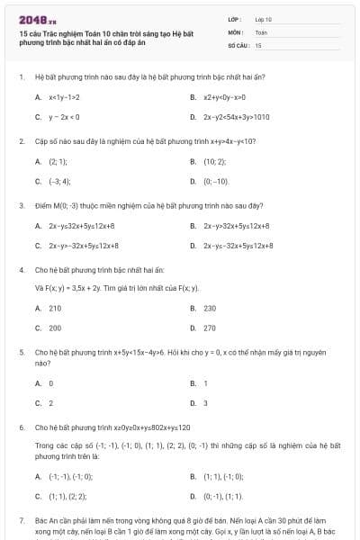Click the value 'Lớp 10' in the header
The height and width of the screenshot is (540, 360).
coord(264,19)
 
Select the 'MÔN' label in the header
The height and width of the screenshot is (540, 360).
coord(235,31)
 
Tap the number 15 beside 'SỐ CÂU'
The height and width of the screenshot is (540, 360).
coord(258,44)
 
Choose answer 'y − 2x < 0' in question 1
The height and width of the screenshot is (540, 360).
coord(65,117)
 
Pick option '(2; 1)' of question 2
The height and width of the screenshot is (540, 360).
coord(58,161)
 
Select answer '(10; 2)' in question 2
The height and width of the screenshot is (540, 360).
coord(214,161)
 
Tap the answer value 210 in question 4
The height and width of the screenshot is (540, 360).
coord(55,308)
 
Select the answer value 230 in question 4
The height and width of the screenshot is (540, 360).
coord(210,308)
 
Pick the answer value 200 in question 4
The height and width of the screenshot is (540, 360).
coord(55,328)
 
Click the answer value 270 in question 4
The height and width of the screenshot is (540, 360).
coord(210,328)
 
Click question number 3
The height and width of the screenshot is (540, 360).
coord(21,205)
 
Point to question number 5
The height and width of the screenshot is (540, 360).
coord(21,354)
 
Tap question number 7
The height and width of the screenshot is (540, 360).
coord(21,520)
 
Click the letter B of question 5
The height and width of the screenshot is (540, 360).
coord(193,382)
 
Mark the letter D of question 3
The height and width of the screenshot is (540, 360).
coord(193,245)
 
